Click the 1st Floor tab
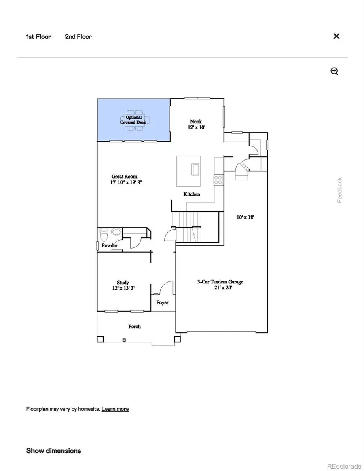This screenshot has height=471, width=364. (38, 37)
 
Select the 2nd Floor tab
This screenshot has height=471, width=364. (78, 37)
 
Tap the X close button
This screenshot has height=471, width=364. (336, 36)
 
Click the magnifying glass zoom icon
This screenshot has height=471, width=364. (334, 72)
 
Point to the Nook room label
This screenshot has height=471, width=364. (196, 122)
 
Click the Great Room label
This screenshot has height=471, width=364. (124, 177)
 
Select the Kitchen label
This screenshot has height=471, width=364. (192, 194)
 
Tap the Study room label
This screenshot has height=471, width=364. (123, 283)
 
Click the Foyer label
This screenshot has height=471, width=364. (162, 302)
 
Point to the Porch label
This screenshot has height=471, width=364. (134, 326)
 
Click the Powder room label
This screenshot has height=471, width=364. (109, 246)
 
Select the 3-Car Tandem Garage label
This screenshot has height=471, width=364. (220, 282)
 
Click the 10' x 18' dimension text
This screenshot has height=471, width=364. (245, 217)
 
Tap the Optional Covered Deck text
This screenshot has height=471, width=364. (133, 120)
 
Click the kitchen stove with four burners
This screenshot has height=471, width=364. (218, 180)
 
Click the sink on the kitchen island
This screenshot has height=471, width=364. (195, 169)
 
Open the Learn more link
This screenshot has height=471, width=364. (115, 409)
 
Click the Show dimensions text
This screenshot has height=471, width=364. (53, 451)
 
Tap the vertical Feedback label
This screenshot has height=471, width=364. (340, 190)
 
